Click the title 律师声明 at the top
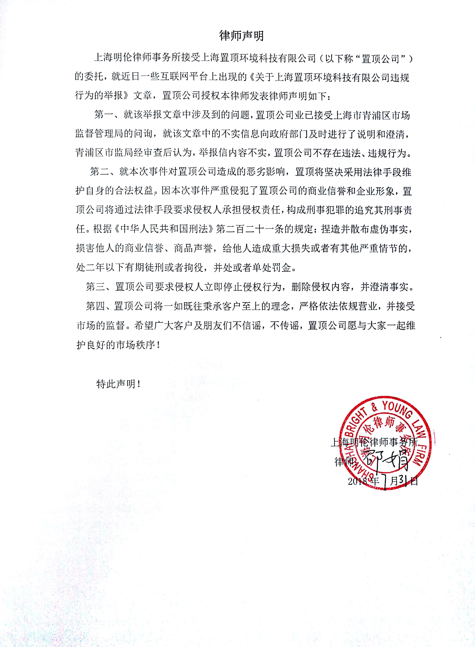tap(241, 36)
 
